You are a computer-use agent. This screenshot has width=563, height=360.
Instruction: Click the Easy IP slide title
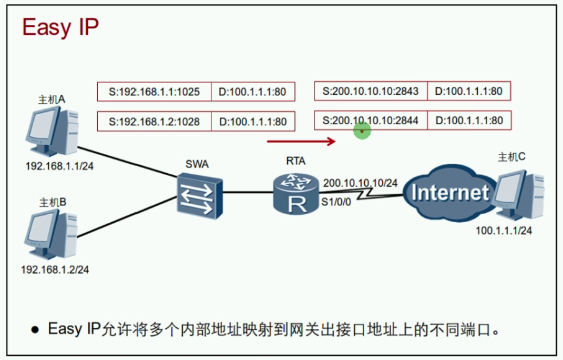[x=60, y=28]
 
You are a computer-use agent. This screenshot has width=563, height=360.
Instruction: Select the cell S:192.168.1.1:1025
[x=154, y=92]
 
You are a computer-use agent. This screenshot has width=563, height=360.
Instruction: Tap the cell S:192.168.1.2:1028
[x=154, y=122]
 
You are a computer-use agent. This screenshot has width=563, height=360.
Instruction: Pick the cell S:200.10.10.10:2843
[x=370, y=91]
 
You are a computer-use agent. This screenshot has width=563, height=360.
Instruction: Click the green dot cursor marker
[x=362, y=131]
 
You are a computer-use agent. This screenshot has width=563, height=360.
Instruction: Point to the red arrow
[x=301, y=140]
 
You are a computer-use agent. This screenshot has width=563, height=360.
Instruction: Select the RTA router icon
[x=296, y=194]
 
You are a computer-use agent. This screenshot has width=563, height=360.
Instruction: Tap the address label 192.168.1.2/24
[x=55, y=270]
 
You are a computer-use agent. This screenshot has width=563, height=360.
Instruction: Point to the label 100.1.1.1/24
[x=504, y=230]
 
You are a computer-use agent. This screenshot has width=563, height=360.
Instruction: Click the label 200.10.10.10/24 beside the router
[x=360, y=183]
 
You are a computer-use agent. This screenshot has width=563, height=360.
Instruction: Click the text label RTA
[x=296, y=161]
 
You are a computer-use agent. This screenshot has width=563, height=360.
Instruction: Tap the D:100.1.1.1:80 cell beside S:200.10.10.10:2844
[x=469, y=121]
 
